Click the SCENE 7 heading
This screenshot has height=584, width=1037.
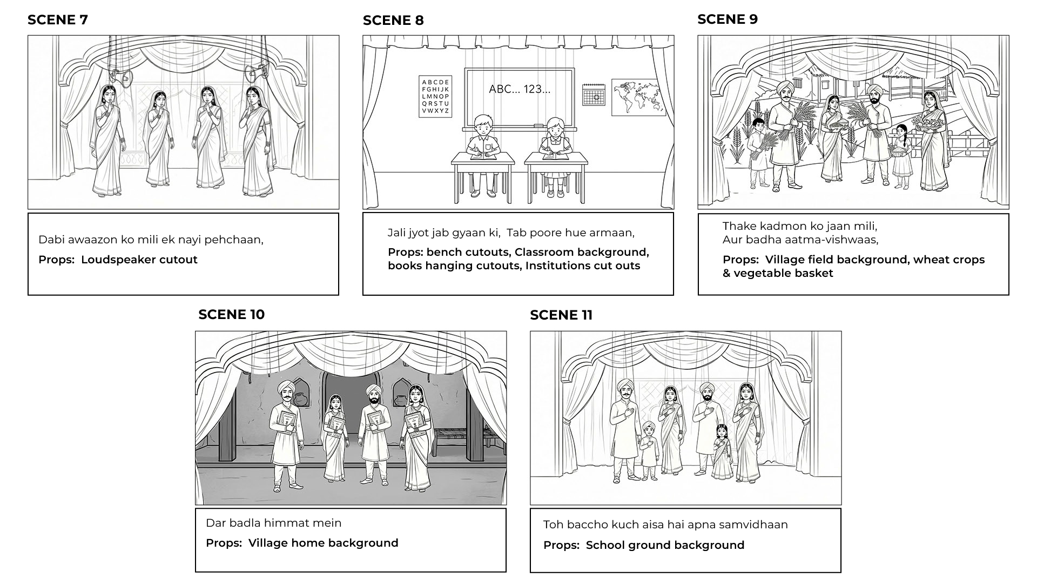(57, 20)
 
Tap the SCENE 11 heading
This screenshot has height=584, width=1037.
(561, 315)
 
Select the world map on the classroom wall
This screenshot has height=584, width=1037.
(638, 97)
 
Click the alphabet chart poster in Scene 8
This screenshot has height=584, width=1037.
(435, 97)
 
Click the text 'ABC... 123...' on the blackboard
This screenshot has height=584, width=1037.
(519, 89)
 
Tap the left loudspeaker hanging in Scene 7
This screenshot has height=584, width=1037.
(122, 78)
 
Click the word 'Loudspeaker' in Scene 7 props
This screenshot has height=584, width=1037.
(112, 260)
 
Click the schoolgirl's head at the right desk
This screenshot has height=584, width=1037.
(555, 128)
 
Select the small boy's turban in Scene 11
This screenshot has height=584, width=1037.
(649, 426)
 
